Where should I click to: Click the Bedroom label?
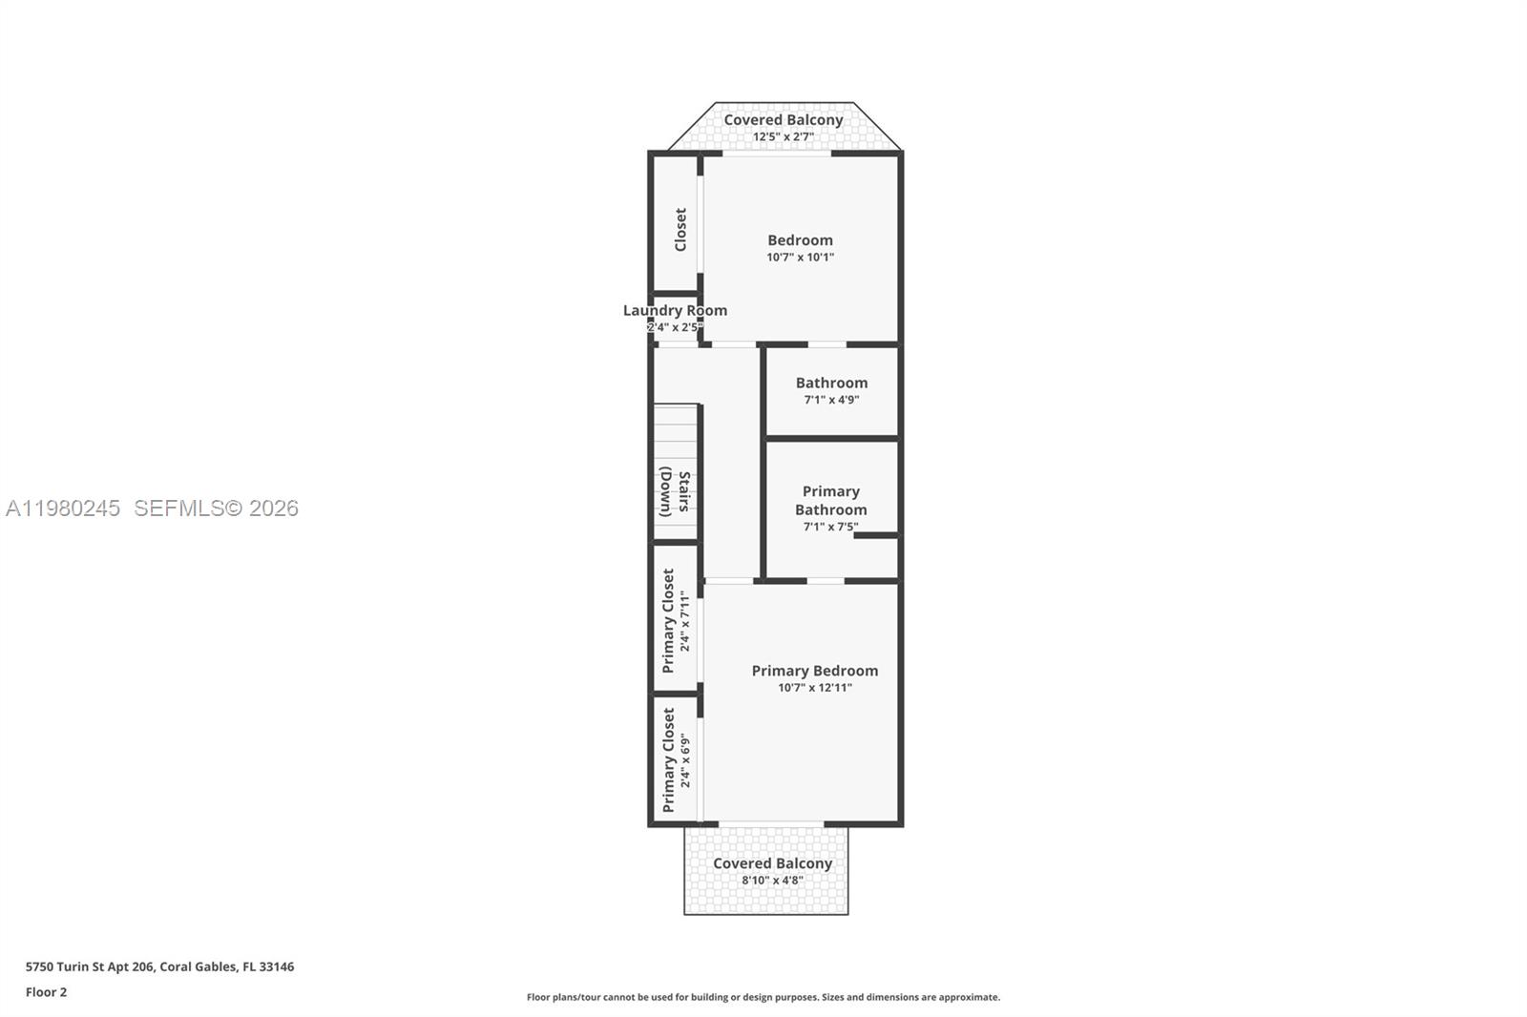(x=800, y=240)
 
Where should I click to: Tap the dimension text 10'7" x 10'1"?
(x=800, y=258)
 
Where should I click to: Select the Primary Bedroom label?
(x=814, y=671)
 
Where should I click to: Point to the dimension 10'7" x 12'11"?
(x=814, y=688)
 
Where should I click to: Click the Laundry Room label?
(x=675, y=310)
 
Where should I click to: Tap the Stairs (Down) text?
(x=675, y=491)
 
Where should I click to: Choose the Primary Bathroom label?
(x=830, y=500)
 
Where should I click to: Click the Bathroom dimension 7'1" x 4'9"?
(x=830, y=400)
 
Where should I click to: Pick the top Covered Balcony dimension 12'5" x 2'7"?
(x=783, y=137)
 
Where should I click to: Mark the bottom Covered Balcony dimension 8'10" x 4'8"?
(x=772, y=881)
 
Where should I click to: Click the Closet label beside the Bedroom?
(x=680, y=230)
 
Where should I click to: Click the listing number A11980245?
(x=63, y=508)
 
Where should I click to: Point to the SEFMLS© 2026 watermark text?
(x=216, y=508)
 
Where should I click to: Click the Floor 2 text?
(x=46, y=992)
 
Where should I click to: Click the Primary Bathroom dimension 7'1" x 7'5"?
(x=830, y=527)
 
